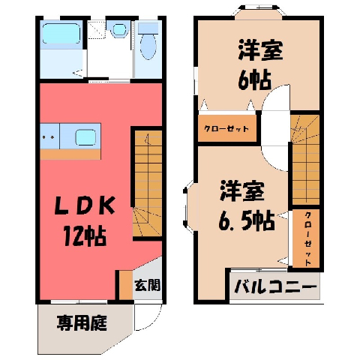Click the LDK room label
85,206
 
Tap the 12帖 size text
85,236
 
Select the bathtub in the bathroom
61,34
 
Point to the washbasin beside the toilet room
118,29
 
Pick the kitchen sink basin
85,137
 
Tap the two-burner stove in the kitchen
49,136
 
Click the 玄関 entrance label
147,285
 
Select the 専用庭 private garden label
82,322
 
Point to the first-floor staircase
148,183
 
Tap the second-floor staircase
306,160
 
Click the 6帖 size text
254,80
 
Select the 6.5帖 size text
247,221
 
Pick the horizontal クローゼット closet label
226,129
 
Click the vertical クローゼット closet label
308,239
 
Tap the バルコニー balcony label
275,286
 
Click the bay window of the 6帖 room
259,12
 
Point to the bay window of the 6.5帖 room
190,207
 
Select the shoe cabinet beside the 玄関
126,285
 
